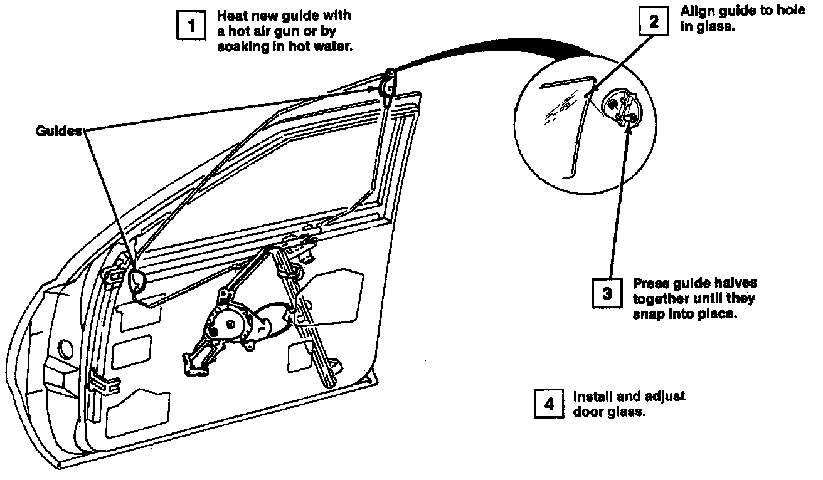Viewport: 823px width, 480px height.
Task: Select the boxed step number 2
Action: pyautogui.click(x=654, y=23)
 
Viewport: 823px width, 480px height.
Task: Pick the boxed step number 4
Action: pyautogui.click(x=549, y=404)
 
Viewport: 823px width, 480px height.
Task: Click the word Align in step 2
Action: pyautogui.click(x=697, y=11)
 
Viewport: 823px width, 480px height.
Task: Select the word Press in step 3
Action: pyautogui.click(x=650, y=283)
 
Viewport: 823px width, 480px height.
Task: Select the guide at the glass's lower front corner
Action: pyautogui.click(x=136, y=279)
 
